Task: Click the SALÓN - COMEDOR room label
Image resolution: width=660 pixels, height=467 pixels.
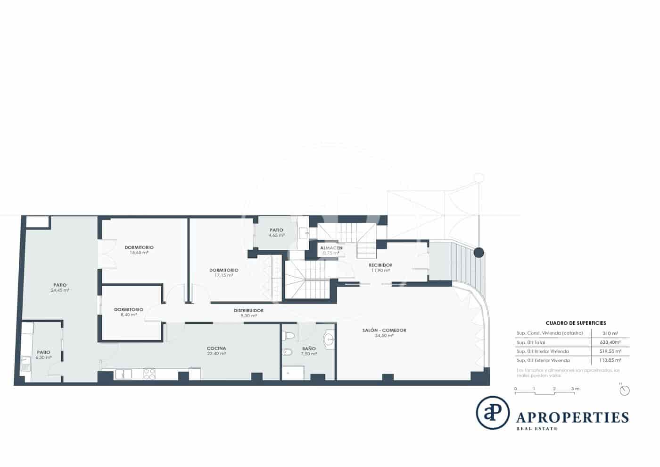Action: coord(384,331)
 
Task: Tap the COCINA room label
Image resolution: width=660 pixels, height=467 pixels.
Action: coord(216,348)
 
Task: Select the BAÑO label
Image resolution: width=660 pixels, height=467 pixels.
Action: coord(309,348)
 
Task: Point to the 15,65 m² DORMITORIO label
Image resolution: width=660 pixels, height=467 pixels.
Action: coord(139,247)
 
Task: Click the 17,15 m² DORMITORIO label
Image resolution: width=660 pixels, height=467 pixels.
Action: coord(223,270)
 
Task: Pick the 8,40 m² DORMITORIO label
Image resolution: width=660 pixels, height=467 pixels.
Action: coord(128,310)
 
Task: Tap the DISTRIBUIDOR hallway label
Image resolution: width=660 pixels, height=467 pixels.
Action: coord(248,311)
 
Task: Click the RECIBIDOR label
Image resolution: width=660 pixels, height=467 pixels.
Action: coord(380,265)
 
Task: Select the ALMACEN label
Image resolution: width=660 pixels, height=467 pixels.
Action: coord(331,248)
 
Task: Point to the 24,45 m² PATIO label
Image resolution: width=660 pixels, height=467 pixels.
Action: coord(60,285)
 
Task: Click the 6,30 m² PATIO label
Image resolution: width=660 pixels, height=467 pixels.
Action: coord(43,352)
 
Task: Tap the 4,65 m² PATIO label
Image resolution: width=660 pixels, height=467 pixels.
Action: coord(277,230)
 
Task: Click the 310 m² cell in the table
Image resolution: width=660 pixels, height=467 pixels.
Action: coord(611,333)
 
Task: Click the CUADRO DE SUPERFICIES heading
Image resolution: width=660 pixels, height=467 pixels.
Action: coord(576,323)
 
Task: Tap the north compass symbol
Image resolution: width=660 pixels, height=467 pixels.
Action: coord(625,391)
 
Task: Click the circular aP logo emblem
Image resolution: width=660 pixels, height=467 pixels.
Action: coord(493,413)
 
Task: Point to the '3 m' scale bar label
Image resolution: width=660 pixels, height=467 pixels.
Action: coord(575,389)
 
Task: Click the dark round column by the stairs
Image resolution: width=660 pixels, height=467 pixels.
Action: coord(478,253)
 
